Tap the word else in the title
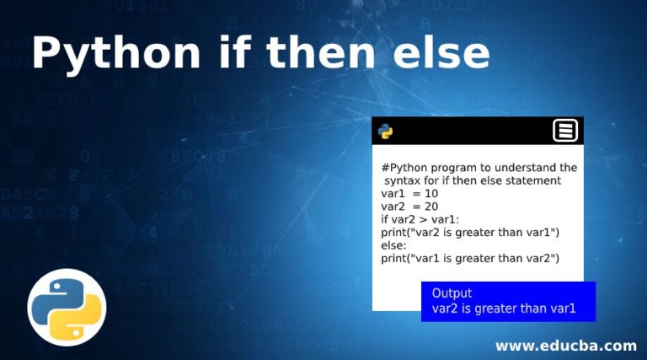tap(441, 52)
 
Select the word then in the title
tap(321, 52)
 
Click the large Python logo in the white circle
tap(67, 308)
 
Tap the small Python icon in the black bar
tap(385, 132)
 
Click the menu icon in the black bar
tap(565, 131)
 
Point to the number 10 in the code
tap(431, 193)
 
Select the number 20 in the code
tap(431, 207)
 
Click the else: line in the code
tap(393, 245)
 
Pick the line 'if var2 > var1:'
tap(420, 219)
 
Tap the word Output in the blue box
tap(452, 293)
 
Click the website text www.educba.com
tap(566, 346)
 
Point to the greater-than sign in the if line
tap(423, 220)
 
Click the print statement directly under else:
tap(470, 259)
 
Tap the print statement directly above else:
tap(470, 233)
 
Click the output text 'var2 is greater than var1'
tap(504, 309)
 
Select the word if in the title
tap(235, 52)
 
